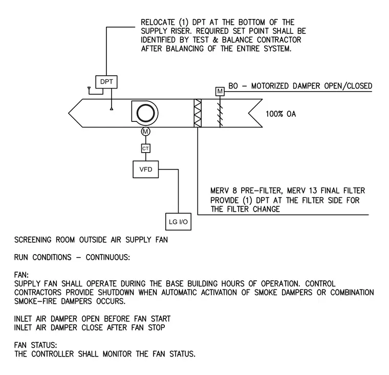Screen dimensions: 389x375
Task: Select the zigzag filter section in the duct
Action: (198, 113)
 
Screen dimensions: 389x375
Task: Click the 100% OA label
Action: (281, 114)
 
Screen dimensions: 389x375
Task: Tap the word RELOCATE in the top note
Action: (158, 23)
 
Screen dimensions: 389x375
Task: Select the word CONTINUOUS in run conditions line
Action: (107, 257)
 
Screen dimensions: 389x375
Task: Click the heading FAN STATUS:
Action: (35, 345)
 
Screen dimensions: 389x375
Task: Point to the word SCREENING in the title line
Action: (33, 240)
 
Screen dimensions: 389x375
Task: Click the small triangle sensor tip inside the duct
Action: (112, 109)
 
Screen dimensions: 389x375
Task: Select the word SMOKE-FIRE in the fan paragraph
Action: (35, 301)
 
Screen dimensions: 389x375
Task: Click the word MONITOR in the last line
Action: (117, 354)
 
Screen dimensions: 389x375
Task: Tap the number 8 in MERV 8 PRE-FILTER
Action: (235, 191)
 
